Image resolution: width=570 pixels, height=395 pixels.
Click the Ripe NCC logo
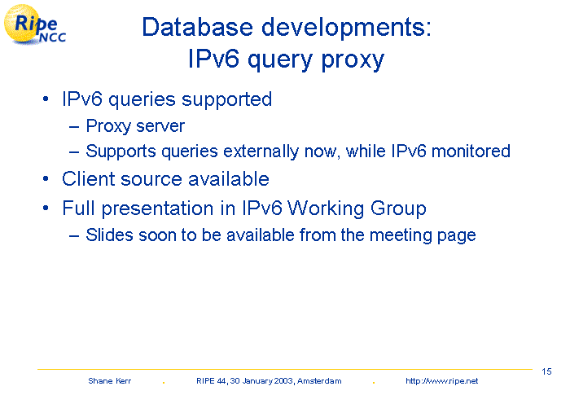click(34, 24)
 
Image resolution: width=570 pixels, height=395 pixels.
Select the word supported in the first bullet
click(226, 99)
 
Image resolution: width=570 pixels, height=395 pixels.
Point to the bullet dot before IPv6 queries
click(46, 99)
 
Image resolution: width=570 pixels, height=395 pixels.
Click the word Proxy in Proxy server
click(108, 126)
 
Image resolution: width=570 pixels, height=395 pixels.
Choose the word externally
click(261, 151)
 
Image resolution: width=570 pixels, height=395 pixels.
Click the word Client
click(88, 179)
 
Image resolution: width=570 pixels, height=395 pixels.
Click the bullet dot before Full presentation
click(46, 208)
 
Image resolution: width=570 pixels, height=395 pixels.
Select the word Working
click(326, 209)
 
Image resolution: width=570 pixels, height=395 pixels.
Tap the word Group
click(398, 209)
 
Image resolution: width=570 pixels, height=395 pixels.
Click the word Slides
click(109, 235)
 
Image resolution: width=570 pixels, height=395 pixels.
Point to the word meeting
click(401, 235)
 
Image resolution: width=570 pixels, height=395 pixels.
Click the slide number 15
click(546, 371)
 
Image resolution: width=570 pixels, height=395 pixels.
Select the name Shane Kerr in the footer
click(109, 381)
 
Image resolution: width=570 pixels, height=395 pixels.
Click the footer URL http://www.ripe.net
click(441, 381)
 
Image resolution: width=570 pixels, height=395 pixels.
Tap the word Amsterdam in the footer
click(319, 381)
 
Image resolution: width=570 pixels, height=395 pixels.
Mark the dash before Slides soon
click(74, 235)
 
